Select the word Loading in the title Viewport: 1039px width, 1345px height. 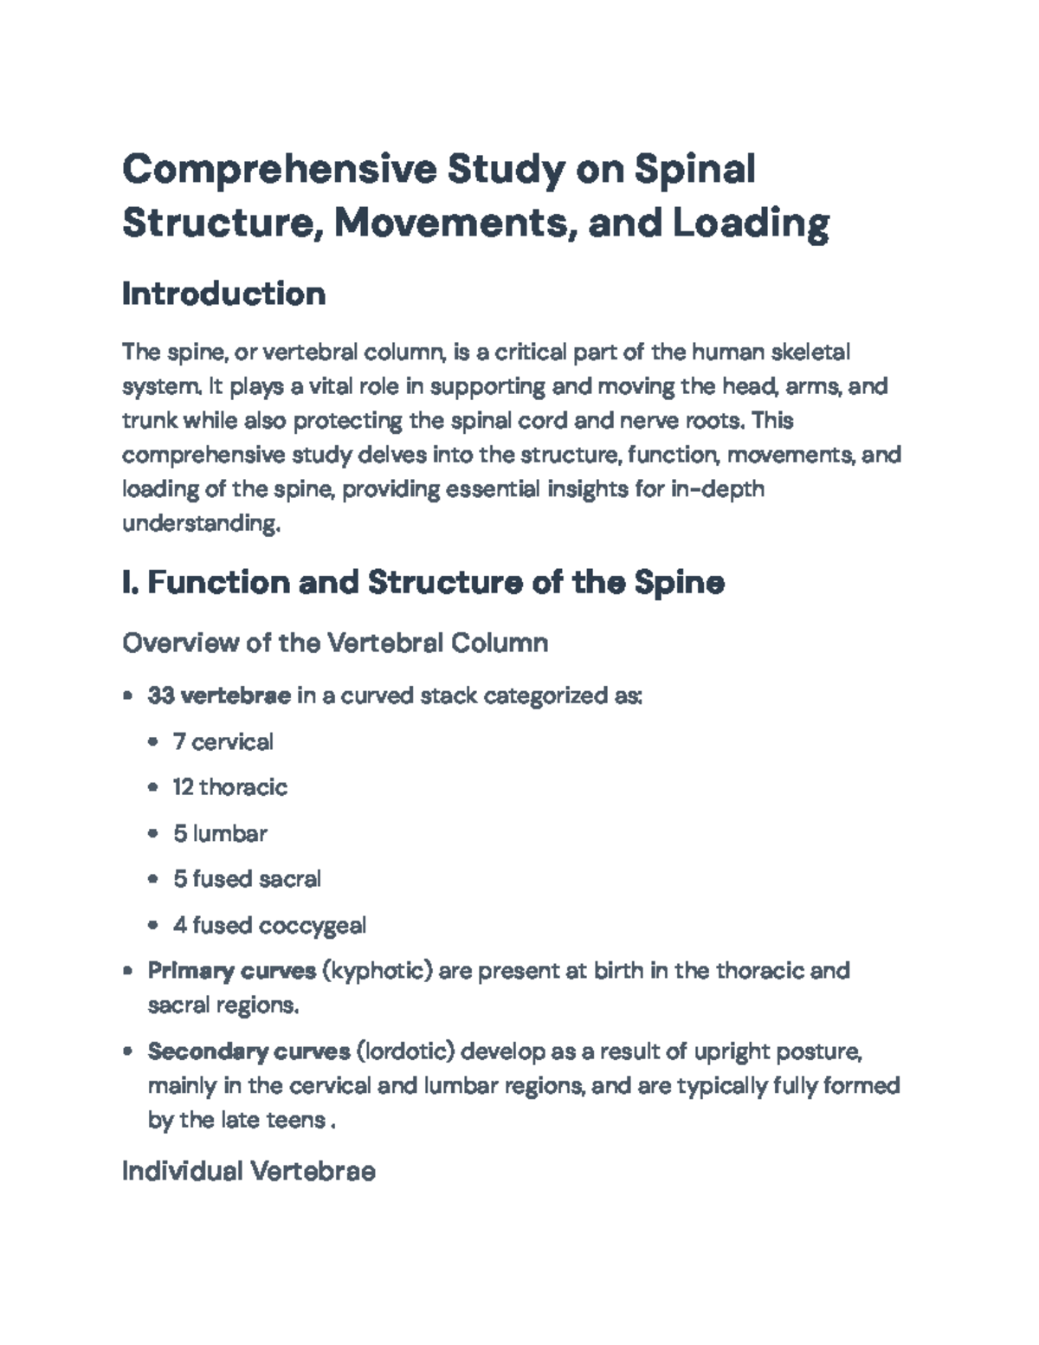point(751,223)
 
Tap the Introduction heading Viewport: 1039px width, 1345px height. point(223,294)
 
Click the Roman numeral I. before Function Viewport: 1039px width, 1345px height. point(130,582)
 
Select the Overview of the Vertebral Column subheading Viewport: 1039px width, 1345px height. point(335,643)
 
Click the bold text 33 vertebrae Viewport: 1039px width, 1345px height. point(219,695)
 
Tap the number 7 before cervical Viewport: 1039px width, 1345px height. point(179,741)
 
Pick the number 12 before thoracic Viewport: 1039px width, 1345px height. point(183,787)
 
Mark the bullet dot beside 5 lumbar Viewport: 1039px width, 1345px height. point(153,833)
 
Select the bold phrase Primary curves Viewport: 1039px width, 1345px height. point(232,971)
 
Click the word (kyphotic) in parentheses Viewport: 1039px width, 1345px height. point(377,971)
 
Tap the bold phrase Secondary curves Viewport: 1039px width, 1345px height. point(248,1051)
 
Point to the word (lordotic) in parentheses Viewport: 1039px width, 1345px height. point(405,1051)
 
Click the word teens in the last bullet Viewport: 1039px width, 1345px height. point(297,1120)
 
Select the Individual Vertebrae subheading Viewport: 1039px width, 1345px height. point(248,1172)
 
